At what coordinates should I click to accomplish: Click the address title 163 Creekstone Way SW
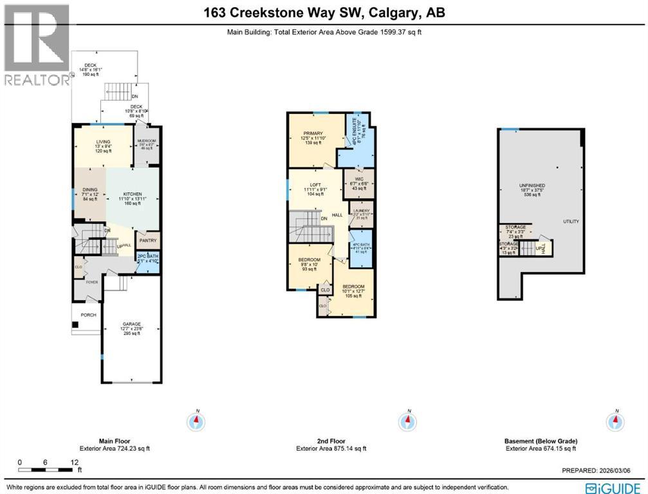click(323, 13)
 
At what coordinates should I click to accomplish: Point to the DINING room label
click(89, 189)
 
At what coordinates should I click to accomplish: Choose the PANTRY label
click(148, 242)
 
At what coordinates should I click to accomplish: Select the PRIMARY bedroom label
click(312, 134)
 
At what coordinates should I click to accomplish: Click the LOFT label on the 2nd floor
click(315, 185)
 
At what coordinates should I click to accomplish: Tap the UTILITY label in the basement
click(571, 221)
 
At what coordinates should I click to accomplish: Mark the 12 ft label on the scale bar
click(75, 462)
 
